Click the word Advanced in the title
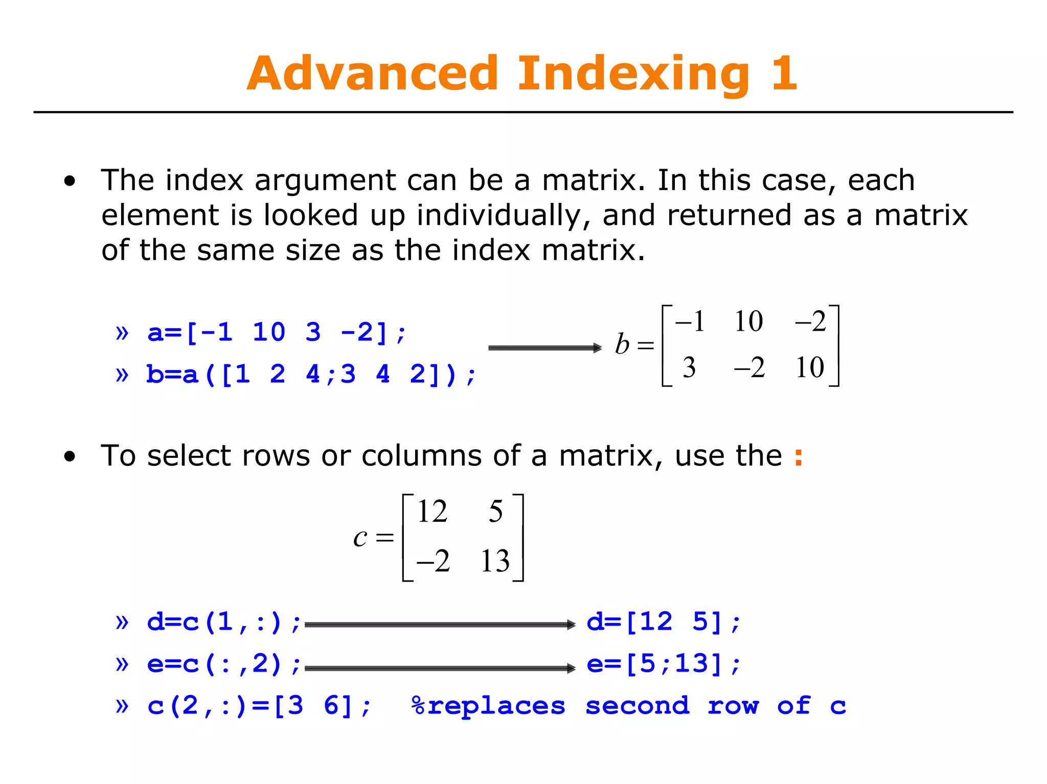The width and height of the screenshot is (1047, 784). (x=372, y=74)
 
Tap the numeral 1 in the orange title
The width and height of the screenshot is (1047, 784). (x=784, y=74)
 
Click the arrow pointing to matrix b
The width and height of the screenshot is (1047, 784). (x=545, y=348)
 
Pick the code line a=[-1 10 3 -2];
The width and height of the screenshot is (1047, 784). (x=276, y=333)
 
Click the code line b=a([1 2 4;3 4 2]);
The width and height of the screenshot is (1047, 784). (x=311, y=375)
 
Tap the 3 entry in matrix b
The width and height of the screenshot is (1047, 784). (x=689, y=367)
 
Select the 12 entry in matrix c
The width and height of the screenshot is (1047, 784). (x=432, y=512)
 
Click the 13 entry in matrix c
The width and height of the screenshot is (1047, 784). (x=495, y=561)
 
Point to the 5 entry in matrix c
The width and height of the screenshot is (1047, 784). (x=495, y=512)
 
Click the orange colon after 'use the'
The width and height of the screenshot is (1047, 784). (x=799, y=456)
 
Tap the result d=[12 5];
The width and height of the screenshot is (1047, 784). (x=664, y=622)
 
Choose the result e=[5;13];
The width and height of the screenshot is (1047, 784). (x=664, y=664)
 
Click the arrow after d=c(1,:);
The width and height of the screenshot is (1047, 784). (x=440, y=625)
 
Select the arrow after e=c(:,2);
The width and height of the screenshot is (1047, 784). (x=440, y=668)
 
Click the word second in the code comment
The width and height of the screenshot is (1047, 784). (x=637, y=706)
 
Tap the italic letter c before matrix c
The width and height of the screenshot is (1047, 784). (x=360, y=538)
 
